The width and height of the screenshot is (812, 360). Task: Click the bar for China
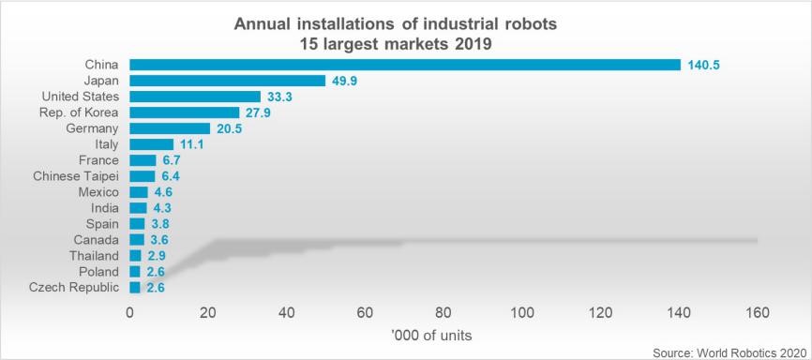point(404,65)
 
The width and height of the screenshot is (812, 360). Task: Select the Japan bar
point(227,81)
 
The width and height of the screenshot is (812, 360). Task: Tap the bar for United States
point(194,97)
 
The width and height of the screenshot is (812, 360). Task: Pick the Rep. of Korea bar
point(184,112)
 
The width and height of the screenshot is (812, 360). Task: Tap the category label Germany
point(93,128)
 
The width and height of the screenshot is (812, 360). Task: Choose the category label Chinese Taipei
point(76,176)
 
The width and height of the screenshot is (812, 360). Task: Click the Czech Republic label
point(74,287)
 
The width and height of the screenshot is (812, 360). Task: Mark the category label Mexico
point(97,192)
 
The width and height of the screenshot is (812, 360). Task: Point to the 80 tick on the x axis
point(444,312)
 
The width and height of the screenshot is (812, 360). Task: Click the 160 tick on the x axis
point(757,312)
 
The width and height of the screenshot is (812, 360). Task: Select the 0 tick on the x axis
point(129,312)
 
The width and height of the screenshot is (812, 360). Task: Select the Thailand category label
point(93,255)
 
